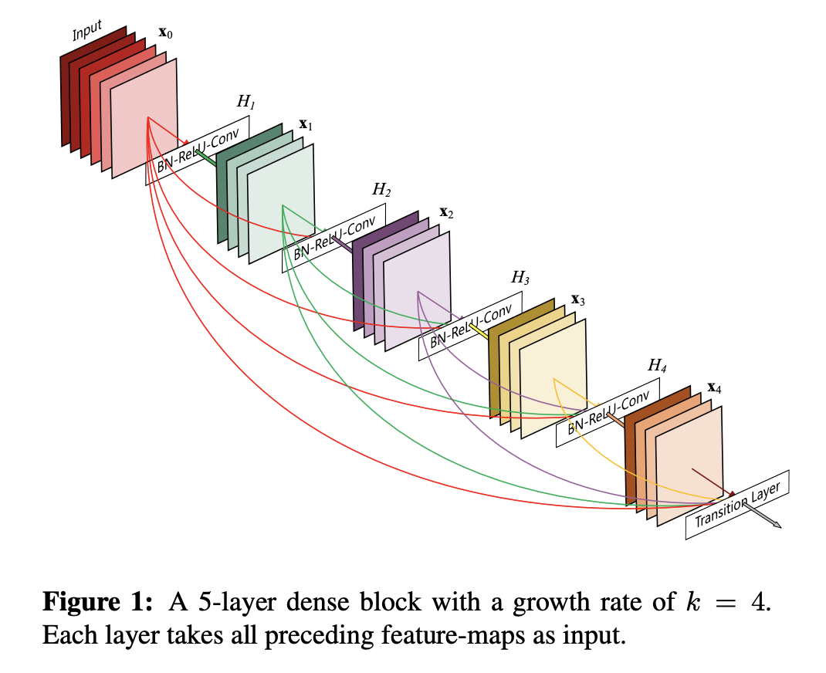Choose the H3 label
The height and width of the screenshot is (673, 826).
[520, 277]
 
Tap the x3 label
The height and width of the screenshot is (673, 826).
[577, 299]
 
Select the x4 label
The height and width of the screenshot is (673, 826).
[714, 387]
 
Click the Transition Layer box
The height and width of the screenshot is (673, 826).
[738, 505]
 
